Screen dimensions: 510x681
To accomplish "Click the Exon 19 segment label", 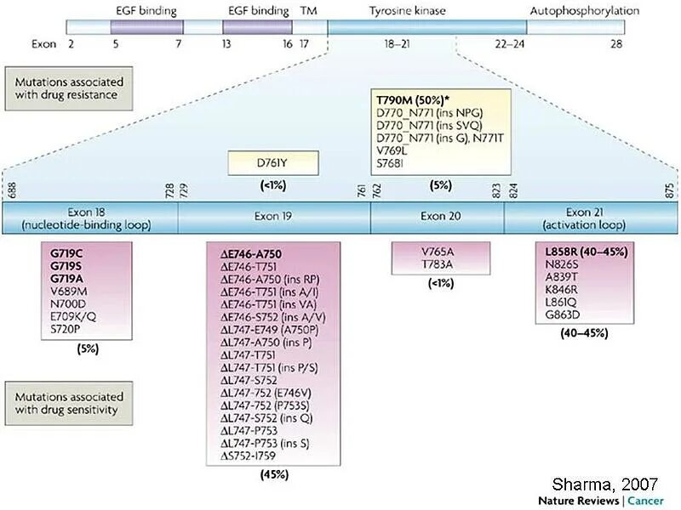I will (x=273, y=216).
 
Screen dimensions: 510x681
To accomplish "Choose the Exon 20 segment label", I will (x=437, y=216).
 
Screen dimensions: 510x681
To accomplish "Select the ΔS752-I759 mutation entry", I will (x=249, y=456).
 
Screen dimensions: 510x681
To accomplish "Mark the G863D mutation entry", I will (x=564, y=314).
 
